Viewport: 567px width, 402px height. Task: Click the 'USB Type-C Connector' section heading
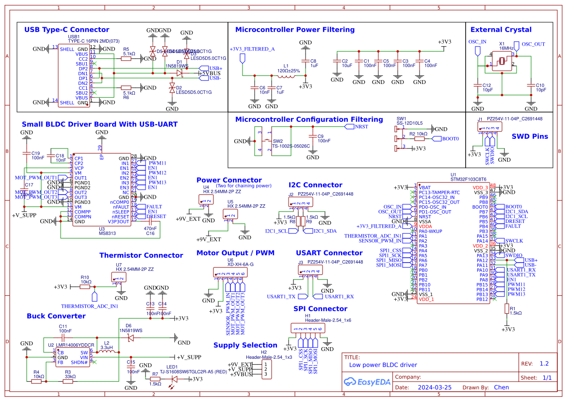coord(67,30)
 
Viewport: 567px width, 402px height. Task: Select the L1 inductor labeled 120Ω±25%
coord(286,75)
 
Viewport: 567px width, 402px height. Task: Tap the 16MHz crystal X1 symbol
coord(502,62)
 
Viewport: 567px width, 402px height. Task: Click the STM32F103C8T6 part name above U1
coord(468,179)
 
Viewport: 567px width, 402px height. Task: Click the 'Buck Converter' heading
coord(56,316)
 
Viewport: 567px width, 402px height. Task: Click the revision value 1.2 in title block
coord(544,364)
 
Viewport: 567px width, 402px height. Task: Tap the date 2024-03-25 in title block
coord(435,387)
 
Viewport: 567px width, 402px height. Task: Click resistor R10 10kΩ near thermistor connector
coord(85,286)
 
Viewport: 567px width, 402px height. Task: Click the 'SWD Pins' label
coord(530,136)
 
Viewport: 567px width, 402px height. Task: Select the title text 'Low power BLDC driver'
coord(383,365)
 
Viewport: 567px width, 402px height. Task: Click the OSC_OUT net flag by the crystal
coord(517,47)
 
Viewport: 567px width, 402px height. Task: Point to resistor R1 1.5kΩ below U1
coord(506,308)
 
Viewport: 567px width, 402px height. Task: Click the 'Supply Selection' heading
coord(245,345)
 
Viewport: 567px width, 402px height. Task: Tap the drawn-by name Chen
coord(501,387)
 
